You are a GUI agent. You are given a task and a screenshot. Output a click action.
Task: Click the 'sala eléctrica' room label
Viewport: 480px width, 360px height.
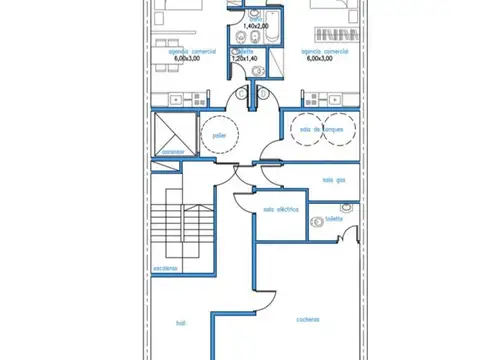point(281,209)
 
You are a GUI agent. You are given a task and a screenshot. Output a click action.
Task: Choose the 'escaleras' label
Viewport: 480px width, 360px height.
point(166,268)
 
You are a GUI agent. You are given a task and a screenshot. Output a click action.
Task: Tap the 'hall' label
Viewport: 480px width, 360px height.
point(180,323)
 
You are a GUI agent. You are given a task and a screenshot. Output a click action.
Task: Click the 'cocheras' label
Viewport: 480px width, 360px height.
point(307,320)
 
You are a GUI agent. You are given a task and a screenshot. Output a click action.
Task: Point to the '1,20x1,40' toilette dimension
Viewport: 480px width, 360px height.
point(245,59)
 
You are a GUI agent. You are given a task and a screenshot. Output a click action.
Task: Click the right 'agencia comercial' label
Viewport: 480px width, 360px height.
point(325,50)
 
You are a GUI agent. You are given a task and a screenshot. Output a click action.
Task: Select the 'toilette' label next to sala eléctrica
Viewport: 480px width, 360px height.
point(333,217)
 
